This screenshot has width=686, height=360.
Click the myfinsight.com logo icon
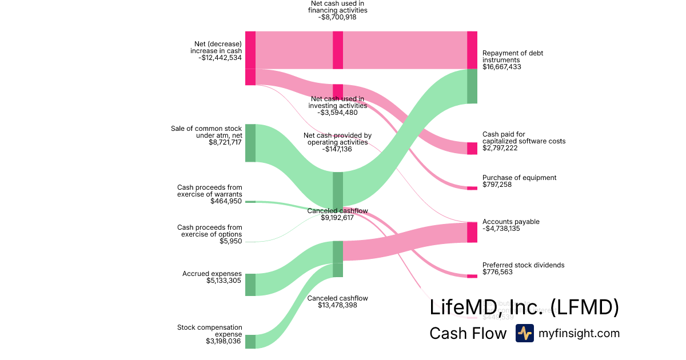click(524, 333)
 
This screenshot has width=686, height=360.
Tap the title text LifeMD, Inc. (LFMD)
click(524, 307)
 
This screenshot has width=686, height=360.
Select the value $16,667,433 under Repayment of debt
click(501, 67)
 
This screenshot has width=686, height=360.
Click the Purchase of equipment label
click(519, 178)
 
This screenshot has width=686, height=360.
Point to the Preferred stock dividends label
click(523, 265)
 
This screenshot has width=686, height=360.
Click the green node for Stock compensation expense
click(250, 342)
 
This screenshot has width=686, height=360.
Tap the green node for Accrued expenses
click(250, 285)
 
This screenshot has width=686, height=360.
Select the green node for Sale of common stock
click(250, 143)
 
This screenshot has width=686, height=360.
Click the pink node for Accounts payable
click(472, 233)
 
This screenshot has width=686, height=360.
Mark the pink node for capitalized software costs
click(472, 149)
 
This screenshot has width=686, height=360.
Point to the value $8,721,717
click(225, 142)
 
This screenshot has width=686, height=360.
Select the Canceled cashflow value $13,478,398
click(337, 305)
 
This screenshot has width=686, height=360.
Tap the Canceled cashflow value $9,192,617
click(337, 218)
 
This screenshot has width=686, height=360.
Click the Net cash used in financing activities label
click(337, 7)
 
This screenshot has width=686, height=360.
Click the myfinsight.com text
click(579, 333)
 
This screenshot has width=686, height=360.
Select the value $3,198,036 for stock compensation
click(224, 341)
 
